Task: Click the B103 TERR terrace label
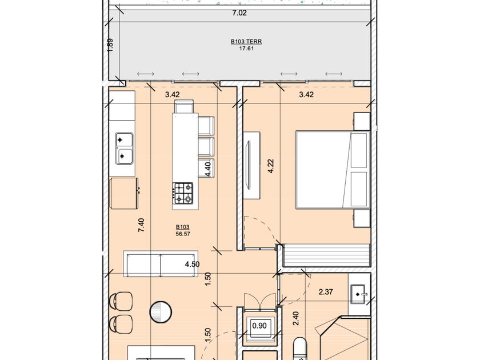[246, 42]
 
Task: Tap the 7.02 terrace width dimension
[239, 13]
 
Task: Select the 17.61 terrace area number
[246, 49]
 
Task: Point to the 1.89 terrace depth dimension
[110, 45]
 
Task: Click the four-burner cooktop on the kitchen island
[183, 193]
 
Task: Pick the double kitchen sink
[124, 149]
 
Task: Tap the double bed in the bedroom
[333, 170]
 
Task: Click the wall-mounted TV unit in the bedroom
[251, 165]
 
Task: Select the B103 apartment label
[182, 227]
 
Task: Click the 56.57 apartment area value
[183, 234]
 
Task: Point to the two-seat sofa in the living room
[161, 264]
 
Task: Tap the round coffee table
[161, 312]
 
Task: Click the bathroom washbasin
[358, 294]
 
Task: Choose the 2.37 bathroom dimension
[326, 292]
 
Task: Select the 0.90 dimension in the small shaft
[259, 326]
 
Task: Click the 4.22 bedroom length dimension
[271, 166]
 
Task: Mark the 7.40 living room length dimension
[141, 225]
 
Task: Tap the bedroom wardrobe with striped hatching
[327, 255]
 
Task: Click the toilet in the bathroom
[299, 349]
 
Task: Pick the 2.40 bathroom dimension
[296, 319]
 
